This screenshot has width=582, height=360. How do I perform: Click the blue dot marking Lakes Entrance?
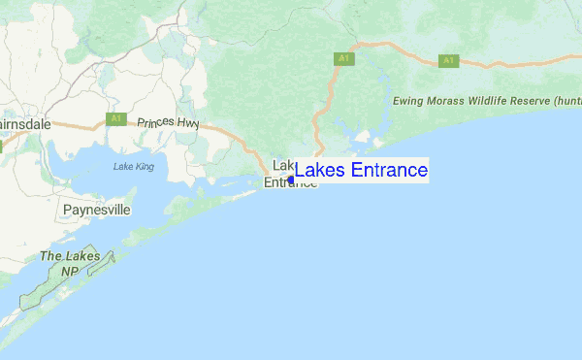click(x=291, y=180)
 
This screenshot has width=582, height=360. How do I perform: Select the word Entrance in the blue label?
click(x=384, y=171)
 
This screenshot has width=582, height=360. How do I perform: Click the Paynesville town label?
click(x=96, y=210)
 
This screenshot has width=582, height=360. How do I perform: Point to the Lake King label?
click(x=133, y=167)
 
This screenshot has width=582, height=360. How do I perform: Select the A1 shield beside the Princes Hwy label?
click(x=116, y=118)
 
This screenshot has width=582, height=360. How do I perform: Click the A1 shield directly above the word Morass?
click(x=448, y=60)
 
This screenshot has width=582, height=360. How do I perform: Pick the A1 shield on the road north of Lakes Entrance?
click(x=342, y=59)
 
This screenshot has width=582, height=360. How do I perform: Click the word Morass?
click(x=456, y=101)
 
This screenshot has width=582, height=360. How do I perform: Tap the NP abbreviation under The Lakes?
click(x=69, y=273)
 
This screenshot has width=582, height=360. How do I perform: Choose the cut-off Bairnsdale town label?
click(x=18, y=126)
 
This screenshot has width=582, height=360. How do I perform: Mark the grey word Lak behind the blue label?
click(x=283, y=164)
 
